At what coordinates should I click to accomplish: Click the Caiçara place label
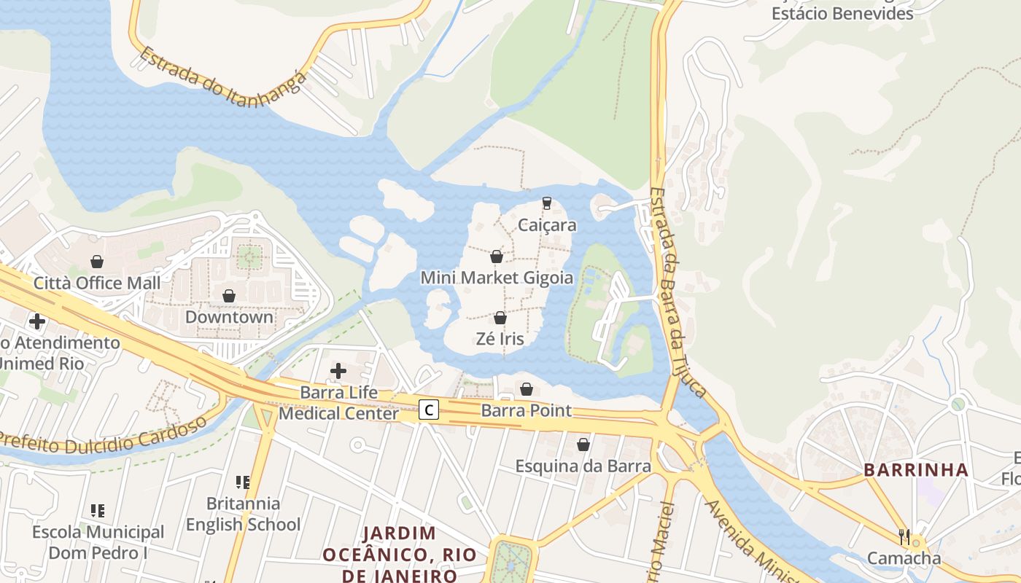tap(547, 225)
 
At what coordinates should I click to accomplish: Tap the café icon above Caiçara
tap(546, 203)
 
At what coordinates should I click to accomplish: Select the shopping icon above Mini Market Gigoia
tap(497, 257)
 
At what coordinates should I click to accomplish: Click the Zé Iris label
tap(500, 339)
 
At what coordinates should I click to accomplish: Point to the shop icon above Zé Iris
tap(500, 318)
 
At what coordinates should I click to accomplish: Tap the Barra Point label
tap(527, 410)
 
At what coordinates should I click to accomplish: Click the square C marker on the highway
tap(429, 410)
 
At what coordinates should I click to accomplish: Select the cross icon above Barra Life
tap(338, 371)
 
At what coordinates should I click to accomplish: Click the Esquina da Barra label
tap(583, 466)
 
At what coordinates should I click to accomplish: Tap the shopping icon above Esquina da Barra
tap(583, 445)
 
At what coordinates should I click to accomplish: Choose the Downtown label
tap(229, 317)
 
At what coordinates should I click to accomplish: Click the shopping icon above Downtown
tap(229, 296)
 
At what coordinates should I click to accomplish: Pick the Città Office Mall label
tap(97, 283)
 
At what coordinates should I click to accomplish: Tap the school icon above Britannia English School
tap(243, 482)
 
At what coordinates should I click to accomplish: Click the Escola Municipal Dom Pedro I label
tap(98, 542)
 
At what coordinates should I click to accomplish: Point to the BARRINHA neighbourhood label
tap(916, 470)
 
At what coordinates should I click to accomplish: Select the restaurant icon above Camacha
tap(904, 537)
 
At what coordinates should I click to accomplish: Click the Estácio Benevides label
tap(842, 13)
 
